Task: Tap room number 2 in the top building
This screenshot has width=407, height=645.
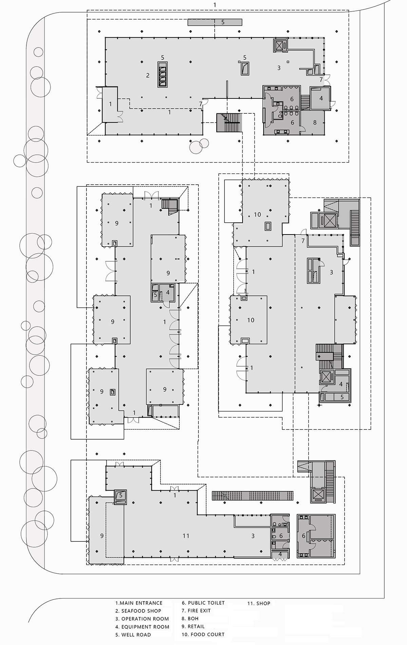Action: (x=148, y=75)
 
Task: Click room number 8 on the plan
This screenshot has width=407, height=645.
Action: (x=315, y=122)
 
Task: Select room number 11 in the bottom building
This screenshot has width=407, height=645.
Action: (x=186, y=536)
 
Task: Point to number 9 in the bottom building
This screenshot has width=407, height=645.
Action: (x=102, y=536)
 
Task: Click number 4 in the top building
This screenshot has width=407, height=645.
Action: (x=321, y=98)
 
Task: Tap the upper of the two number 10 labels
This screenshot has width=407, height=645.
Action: (x=257, y=214)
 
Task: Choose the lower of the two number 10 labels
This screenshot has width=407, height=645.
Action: (x=251, y=320)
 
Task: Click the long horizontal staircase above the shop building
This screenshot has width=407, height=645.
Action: (x=253, y=495)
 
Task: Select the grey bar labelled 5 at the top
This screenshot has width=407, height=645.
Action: (x=215, y=22)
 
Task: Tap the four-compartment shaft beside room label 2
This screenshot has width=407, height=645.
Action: (x=162, y=74)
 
